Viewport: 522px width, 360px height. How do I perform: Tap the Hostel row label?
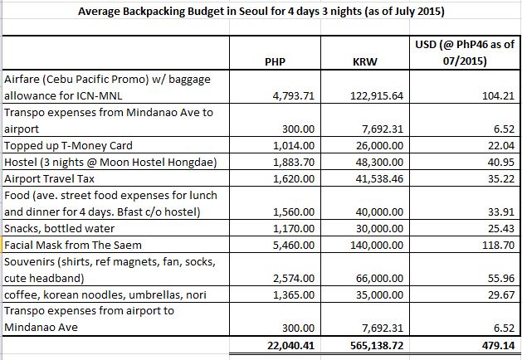click(x=99, y=162)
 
